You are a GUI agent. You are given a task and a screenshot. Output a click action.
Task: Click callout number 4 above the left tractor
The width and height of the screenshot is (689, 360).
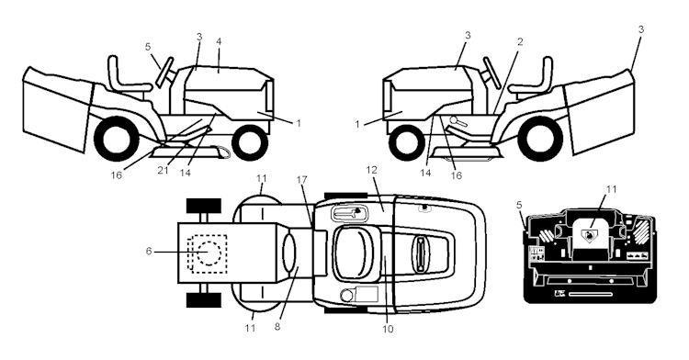click(x=219, y=41)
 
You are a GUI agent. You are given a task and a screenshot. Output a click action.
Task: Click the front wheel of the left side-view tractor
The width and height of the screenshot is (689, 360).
click(x=247, y=141)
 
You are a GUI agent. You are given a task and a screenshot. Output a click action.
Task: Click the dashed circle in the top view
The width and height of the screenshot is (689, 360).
click(x=208, y=252)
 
